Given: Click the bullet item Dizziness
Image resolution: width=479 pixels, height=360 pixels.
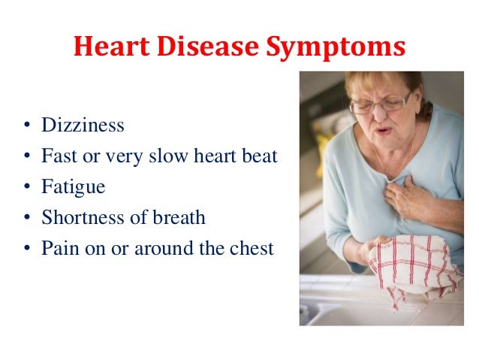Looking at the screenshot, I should [83, 126].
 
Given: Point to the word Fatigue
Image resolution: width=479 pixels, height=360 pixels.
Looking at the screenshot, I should [74, 187].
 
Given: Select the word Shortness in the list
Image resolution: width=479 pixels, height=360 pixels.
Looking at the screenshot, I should [79, 217].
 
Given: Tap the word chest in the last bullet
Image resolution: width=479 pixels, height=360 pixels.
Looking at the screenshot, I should [252, 248].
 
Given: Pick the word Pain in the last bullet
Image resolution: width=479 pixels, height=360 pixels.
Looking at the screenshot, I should [58, 248].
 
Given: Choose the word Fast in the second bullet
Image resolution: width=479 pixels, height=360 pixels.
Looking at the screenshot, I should [58, 156].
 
